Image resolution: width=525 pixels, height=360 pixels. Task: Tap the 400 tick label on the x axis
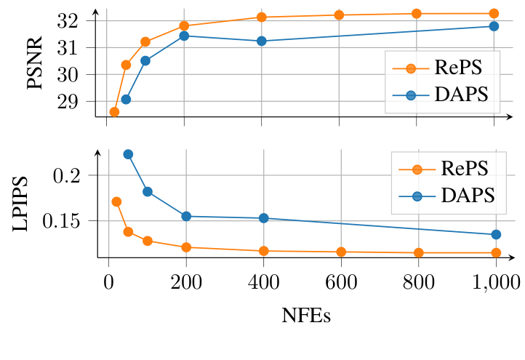[263, 281]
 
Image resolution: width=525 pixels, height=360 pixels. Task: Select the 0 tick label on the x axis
[108, 281]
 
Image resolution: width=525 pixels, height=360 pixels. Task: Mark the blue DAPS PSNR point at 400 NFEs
[262, 41]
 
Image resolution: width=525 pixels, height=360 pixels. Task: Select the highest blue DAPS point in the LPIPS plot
[128, 154]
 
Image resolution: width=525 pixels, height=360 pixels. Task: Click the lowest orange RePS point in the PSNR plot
[114, 112]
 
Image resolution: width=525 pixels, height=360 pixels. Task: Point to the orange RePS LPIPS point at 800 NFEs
[418, 253]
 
